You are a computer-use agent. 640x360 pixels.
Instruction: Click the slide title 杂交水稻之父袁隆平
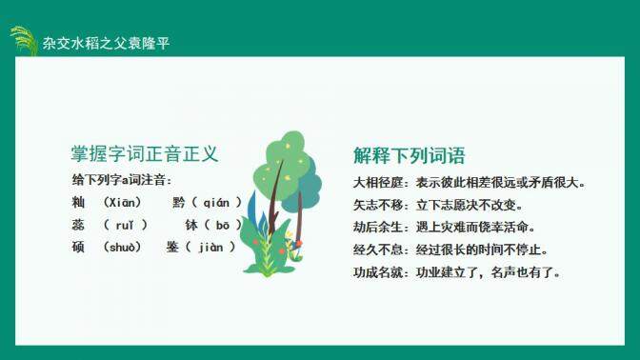point(106,44)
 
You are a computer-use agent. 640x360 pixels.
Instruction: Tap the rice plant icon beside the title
point(23,40)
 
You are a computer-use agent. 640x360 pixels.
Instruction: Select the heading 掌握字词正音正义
point(145,153)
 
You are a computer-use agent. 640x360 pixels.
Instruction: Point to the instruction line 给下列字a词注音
point(121,180)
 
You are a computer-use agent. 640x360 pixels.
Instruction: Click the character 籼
point(78,203)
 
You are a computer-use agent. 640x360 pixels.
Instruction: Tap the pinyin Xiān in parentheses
point(124,203)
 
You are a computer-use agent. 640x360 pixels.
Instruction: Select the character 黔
point(179,203)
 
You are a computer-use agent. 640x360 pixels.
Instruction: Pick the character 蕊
point(78,226)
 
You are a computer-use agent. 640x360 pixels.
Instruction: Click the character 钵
point(190,226)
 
